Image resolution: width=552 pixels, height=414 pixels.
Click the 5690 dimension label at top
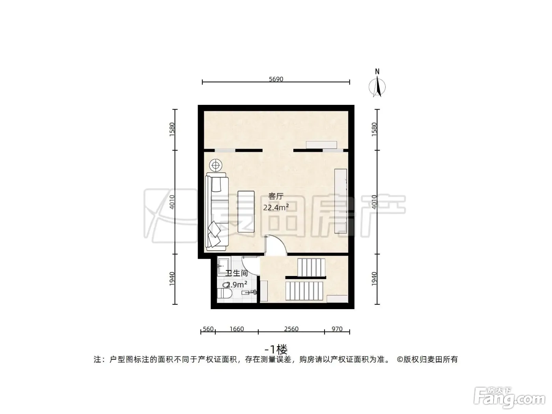tap(276, 79)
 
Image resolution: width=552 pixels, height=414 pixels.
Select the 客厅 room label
tap(276, 196)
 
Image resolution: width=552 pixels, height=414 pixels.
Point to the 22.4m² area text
tap(276, 207)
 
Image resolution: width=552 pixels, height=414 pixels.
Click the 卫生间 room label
tap(237, 273)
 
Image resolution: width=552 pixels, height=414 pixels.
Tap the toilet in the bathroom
tap(225, 294)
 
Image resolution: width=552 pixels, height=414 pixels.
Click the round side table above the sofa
tap(216, 165)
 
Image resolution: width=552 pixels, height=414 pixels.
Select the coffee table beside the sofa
tap(246, 211)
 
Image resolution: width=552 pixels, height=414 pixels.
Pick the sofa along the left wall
tap(217, 212)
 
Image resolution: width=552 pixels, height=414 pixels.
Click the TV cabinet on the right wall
tap(341, 201)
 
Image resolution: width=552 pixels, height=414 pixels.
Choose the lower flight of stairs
tap(304, 291)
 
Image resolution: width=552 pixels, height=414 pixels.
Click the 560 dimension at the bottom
tap(208, 329)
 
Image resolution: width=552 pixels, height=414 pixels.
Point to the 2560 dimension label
tap(291, 329)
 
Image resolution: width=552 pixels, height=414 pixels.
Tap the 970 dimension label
tap(337, 329)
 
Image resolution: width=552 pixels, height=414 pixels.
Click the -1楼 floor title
tap(276, 349)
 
